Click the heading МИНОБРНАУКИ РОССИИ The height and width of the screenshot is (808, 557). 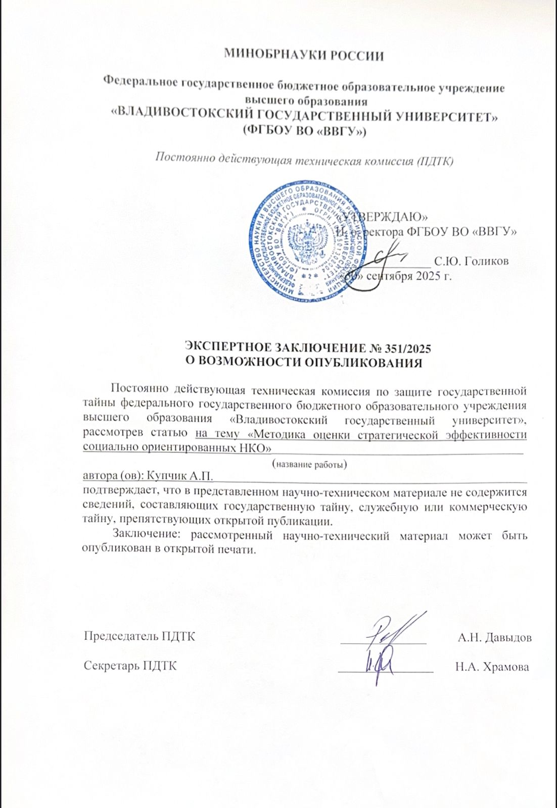304,55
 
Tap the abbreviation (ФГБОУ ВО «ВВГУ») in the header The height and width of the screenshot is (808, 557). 304,131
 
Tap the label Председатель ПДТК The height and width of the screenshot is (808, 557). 139,636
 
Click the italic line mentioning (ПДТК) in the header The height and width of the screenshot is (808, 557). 304,160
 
